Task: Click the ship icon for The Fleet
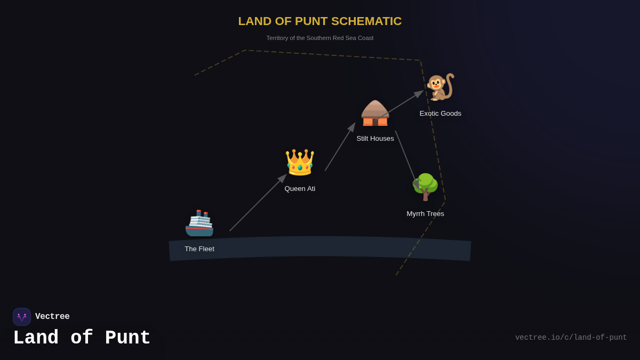[x=199, y=223]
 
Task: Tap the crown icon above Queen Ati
[x=300, y=163]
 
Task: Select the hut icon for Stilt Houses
[x=375, y=114]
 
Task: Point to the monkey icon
[x=440, y=87]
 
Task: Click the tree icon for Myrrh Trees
[x=425, y=187]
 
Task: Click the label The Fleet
[x=199, y=249]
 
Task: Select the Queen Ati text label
[x=300, y=189]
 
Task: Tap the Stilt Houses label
[x=375, y=139]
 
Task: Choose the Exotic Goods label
[x=440, y=114]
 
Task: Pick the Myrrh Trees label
[x=425, y=214]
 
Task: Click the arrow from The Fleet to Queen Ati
[x=257, y=203]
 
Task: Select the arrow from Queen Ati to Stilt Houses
[x=339, y=148]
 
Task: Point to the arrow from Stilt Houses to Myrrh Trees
[x=405, y=156]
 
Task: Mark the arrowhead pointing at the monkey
[x=419, y=93]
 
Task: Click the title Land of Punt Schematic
[x=319, y=21]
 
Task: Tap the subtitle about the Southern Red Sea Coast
[x=319, y=38]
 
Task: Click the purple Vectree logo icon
[x=22, y=317]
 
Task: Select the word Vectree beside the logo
[x=52, y=317]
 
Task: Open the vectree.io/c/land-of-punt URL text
[x=571, y=338]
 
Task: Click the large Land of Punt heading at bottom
[x=82, y=338]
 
